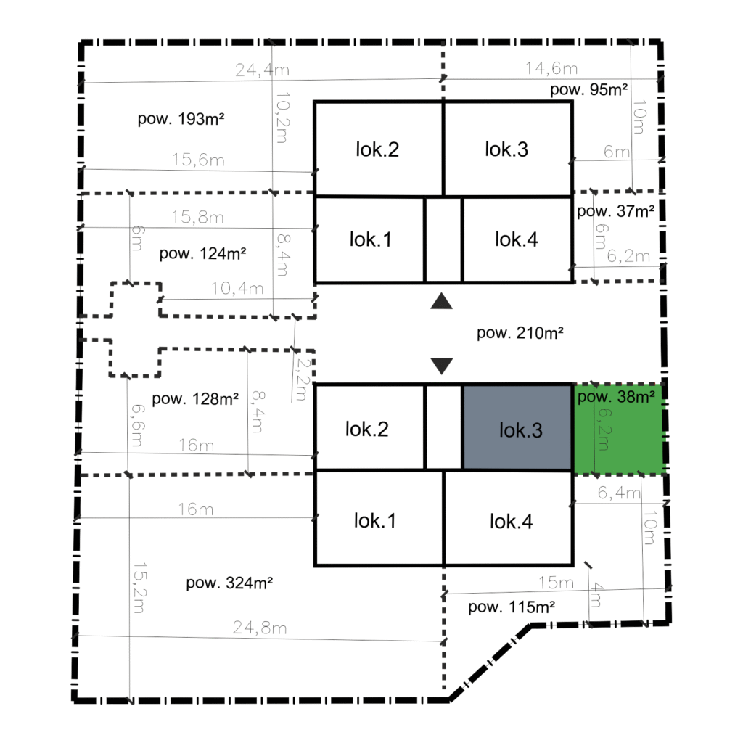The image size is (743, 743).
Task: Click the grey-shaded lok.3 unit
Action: coord(517,427)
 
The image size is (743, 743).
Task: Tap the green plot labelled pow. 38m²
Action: coord(618,429)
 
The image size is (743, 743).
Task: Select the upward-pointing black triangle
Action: coord(442,301)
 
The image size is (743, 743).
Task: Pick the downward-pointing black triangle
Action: coord(442,366)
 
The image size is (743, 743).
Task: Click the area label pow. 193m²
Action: coord(181,118)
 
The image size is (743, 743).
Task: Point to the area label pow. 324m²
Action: coord(229,583)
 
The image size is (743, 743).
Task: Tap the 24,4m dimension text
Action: coord(262,70)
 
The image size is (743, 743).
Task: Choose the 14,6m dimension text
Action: coord(551,69)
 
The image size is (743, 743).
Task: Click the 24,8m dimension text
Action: coord(260,628)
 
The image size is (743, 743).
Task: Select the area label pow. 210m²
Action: coord(520,332)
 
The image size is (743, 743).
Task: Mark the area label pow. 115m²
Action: coord(512,607)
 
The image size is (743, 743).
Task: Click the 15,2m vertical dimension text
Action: coord(139,588)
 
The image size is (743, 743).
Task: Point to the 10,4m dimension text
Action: coord(237,288)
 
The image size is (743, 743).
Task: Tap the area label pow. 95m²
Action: coord(589,89)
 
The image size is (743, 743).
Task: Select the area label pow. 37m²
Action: coord(615,211)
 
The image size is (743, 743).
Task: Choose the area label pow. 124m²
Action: coord(203,253)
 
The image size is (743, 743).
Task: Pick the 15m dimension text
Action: coord(556,583)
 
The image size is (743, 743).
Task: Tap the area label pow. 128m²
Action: coord(195,399)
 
